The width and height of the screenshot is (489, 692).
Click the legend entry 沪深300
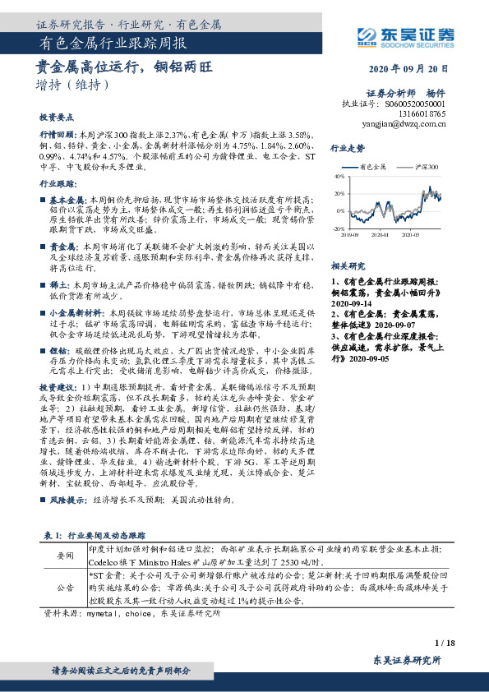[x=425, y=166]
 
